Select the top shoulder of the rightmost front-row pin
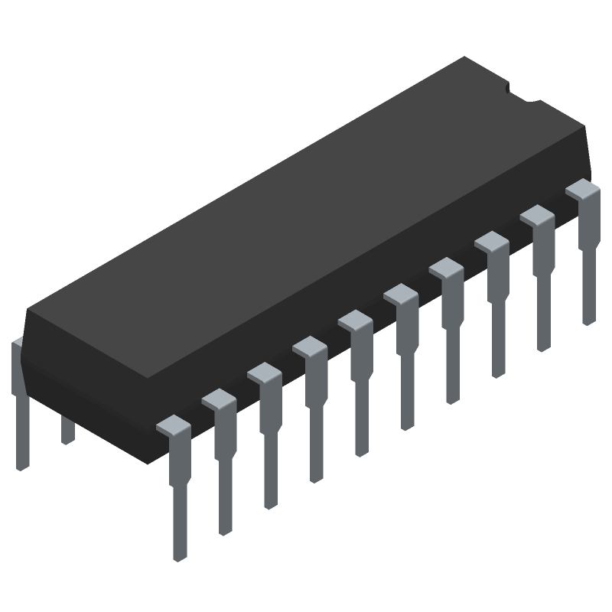point(583,189)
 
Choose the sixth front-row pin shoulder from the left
point(401,295)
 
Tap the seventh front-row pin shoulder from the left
point(446,269)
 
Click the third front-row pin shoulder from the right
point(492,243)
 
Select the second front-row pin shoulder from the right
point(537,216)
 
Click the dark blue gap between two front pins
point(431,428)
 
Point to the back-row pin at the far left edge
point(20,459)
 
